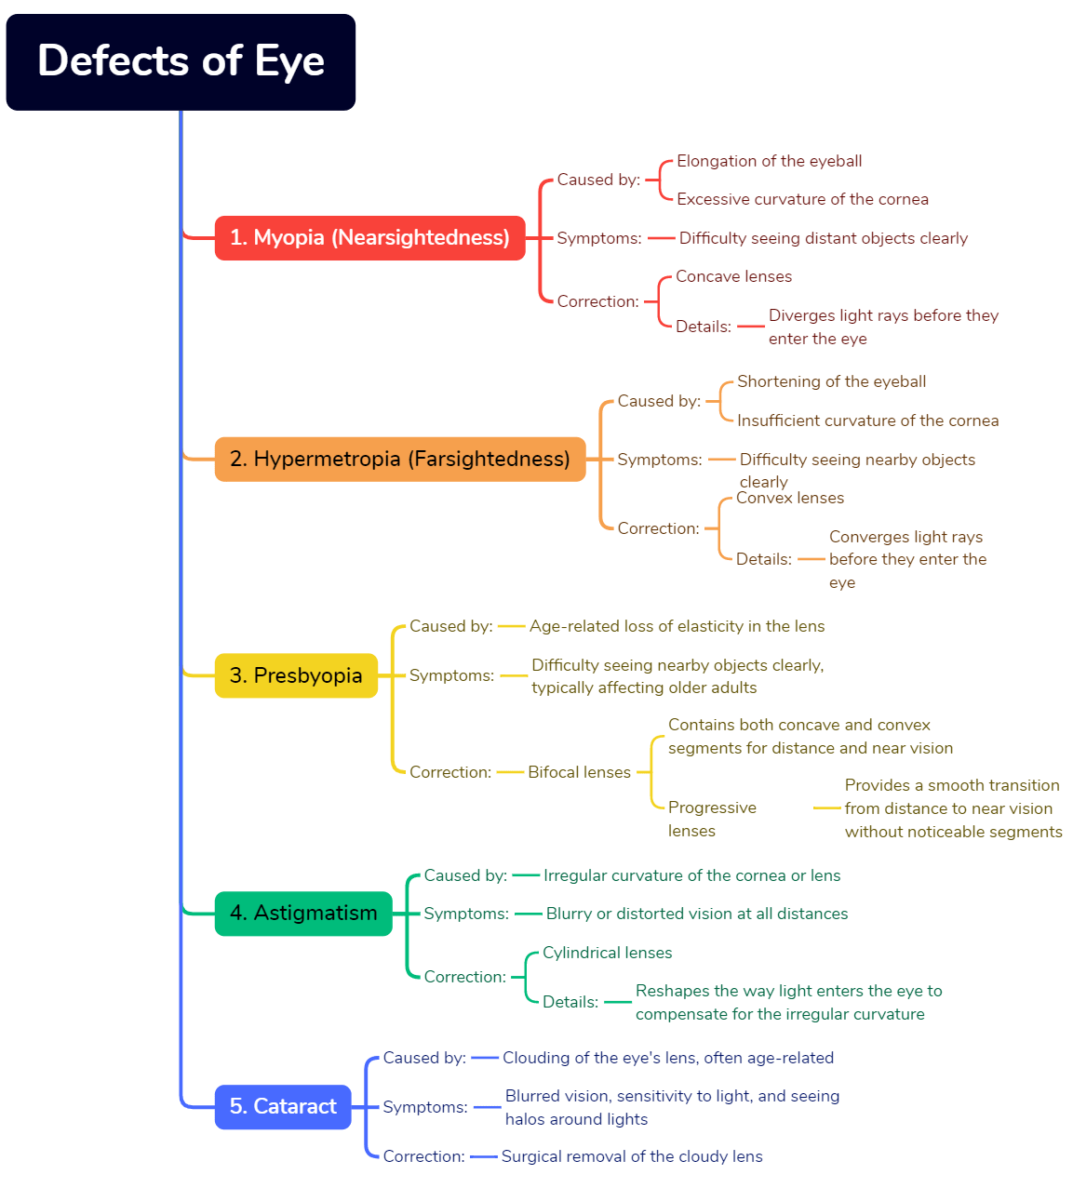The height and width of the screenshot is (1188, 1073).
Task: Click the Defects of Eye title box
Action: click(x=181, y=62)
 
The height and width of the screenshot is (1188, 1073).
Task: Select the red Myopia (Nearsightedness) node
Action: click(x=369, y=238)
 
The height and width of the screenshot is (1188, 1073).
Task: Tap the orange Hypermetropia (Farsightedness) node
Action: click(x=399, y=460)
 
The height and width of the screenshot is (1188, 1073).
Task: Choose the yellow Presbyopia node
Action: click(x=296, y=675)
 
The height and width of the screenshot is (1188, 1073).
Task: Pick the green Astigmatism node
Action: click(x=303, y=914)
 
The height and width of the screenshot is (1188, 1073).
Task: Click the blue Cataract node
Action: click(x=283, y=1107)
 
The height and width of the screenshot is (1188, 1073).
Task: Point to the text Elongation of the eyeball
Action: click(x=769, y=162)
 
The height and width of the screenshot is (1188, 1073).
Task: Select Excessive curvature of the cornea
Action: click(x=802, y=200)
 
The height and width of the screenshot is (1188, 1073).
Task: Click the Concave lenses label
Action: click(x=733, y=277)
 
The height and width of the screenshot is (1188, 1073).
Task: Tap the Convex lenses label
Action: click(x=789, y=499)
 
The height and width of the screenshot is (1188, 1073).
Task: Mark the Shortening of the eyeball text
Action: click(x=831, y=382)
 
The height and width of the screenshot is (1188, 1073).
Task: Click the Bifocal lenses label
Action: click(x=579, y=773)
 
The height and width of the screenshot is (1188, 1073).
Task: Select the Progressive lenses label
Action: click(x=712, y=820)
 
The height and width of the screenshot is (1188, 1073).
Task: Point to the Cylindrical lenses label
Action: click(x=607, y=954)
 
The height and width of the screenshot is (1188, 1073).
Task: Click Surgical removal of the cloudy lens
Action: click(x=631, y=1157)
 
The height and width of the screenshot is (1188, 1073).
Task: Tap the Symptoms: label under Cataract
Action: click(x=425, y=1108)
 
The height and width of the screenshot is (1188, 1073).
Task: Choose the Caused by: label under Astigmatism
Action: click(x=465, y=876)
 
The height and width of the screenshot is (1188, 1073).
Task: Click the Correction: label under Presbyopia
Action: click(x=450, y=773)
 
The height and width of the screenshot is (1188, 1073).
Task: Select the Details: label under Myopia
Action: click(x=704, y=327)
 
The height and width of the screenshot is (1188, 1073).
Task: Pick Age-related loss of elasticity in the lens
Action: click(x=677, y=627)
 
